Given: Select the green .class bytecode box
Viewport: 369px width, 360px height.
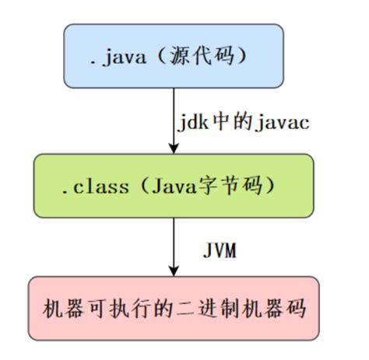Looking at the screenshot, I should click(x=173, y=184).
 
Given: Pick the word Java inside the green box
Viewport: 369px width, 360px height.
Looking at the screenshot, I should click(x=168, y=185).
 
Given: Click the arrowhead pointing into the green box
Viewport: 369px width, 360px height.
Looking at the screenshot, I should click(x=173, y=148).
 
